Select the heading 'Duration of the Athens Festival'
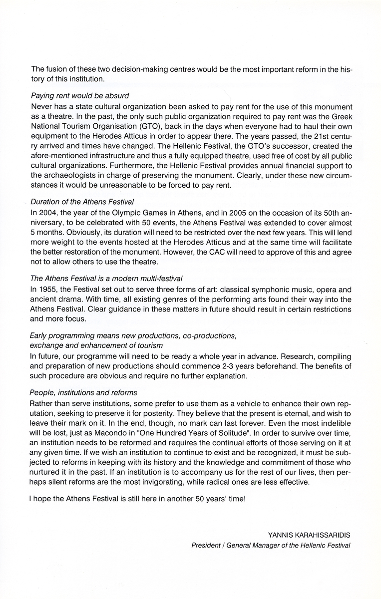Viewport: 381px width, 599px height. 82,202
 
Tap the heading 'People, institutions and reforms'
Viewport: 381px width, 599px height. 83,392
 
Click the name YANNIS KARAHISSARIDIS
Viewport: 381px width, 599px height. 309,535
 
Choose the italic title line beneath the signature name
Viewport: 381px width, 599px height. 271,546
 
